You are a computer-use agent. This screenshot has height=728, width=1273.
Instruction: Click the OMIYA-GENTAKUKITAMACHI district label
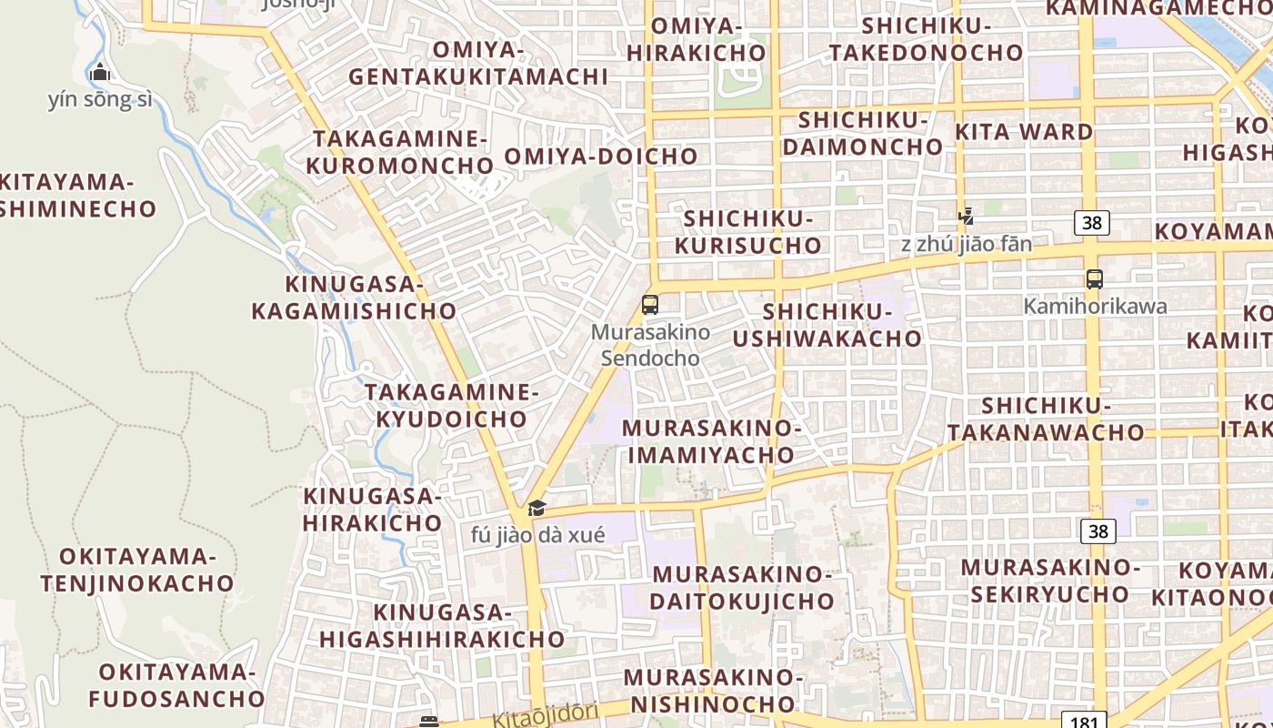(478, 63)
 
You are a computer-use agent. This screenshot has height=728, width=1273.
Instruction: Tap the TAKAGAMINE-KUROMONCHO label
(400, 152)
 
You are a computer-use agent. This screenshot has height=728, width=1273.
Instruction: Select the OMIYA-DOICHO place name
(601, 156)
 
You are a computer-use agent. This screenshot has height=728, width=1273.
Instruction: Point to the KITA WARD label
(1024, 132)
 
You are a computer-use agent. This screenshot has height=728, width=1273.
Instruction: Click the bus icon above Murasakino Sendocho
(650, 305)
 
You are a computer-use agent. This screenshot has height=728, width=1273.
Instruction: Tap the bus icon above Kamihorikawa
(1095, 279)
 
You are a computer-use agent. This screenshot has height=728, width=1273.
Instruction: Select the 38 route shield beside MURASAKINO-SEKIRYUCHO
(1098, 531)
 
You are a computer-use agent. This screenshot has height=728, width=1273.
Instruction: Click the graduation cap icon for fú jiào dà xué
(537, 508)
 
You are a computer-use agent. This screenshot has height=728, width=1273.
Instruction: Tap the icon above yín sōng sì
(100, 72)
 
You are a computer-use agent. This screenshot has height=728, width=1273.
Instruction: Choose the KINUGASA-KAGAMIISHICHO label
(354, 298)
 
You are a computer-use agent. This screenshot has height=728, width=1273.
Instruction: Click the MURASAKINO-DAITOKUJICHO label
(742, 587)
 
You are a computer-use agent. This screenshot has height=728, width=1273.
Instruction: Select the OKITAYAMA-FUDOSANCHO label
(176, 685)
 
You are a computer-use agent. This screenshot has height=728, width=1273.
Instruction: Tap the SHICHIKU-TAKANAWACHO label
(1046, 418)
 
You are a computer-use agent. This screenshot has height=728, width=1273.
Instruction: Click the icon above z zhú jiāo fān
(967, 217)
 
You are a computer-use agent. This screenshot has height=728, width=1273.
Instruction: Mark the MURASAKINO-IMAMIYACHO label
(710, 440)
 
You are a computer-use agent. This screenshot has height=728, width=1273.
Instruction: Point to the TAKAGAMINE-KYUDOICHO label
(452, 405)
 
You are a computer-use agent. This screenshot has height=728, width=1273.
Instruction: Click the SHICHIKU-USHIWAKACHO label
(827, 325)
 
